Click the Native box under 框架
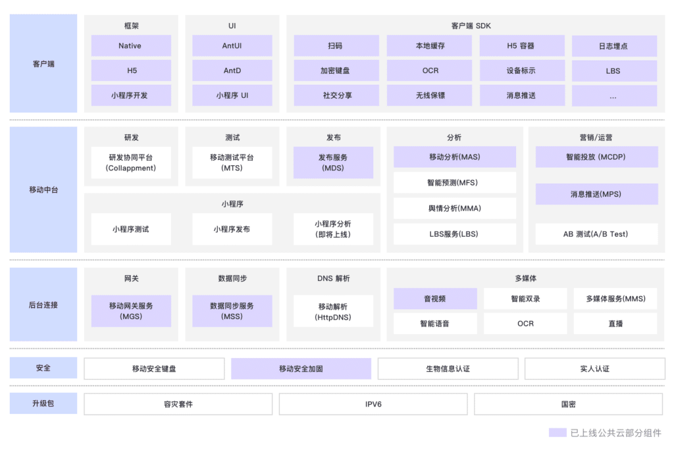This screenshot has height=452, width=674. [131, 45]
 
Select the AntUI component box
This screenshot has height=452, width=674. [232, 45]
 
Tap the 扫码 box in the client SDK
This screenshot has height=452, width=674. [336, 45]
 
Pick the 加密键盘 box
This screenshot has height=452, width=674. [336, 70]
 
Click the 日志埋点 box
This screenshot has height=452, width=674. [614, 46]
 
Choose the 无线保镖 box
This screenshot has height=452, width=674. [429, 95]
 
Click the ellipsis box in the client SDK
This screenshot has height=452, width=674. [614, 95]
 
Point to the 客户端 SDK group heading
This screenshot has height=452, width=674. [471, 26]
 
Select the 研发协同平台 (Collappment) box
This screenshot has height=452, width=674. [131, 163]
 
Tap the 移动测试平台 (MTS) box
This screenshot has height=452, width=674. [232, 163]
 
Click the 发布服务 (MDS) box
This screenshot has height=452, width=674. [333, 163]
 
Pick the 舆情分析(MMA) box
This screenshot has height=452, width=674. [455, 209]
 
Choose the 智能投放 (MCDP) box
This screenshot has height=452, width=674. [596, 157]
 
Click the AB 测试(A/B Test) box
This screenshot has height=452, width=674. [596, 234]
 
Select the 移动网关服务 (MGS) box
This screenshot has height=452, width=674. [131, 311]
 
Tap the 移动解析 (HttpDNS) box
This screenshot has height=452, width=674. [333, 311]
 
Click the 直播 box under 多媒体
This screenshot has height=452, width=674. [615, 324]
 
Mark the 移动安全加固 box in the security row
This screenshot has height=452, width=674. [301, 368]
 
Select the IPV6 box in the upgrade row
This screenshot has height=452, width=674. [373, 405]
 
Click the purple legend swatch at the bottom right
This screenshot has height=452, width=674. [557, 432]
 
